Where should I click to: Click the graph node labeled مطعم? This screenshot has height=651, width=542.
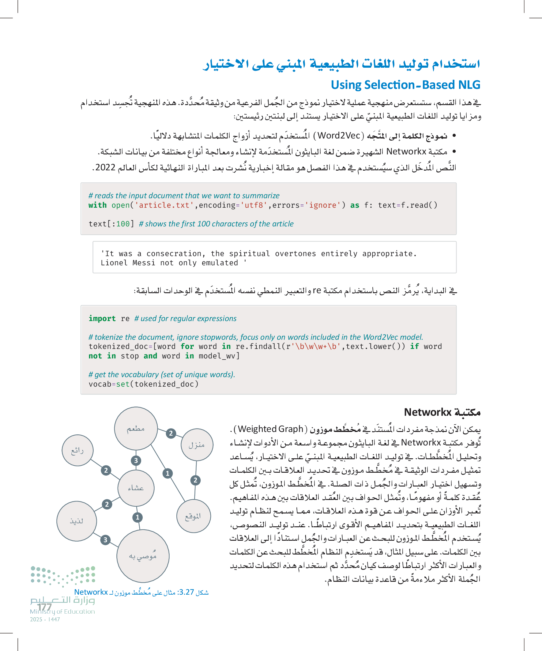(x=136, y=428)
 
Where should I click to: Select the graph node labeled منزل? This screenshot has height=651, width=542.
(x=197, y=445)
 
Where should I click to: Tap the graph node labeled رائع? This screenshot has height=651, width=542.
(x=77, y=450)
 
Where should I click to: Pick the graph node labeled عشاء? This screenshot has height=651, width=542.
(x=136, y=488)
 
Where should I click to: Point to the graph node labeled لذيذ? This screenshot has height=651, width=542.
(x=77, y=521)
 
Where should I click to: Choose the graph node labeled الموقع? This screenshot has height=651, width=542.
(x=193, y=516)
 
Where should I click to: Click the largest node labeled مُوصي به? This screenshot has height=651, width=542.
(x=143, y=556)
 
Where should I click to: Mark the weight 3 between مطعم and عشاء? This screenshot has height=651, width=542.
(x=136, y=460)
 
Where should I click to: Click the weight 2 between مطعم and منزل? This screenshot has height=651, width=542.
(x=171, y=433)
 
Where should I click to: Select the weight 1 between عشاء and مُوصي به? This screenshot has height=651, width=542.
(x=137, y=517)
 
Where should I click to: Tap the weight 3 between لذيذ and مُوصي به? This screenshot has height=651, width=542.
(x=105, y=540)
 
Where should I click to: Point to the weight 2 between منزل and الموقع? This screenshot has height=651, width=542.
(x=195, y=480)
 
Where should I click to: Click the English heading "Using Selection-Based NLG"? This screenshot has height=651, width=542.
(x=405, y=85)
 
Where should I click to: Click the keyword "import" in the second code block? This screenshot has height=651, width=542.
(x=102, y=318)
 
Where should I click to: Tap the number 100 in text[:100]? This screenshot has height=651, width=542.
(x=123, y=224)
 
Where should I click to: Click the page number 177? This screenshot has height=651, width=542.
(x=44, y=607)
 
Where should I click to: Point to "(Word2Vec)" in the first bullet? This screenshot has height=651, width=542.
(x=339, y=135)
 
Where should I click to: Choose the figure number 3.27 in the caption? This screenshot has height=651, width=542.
(x=186, y=592)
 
